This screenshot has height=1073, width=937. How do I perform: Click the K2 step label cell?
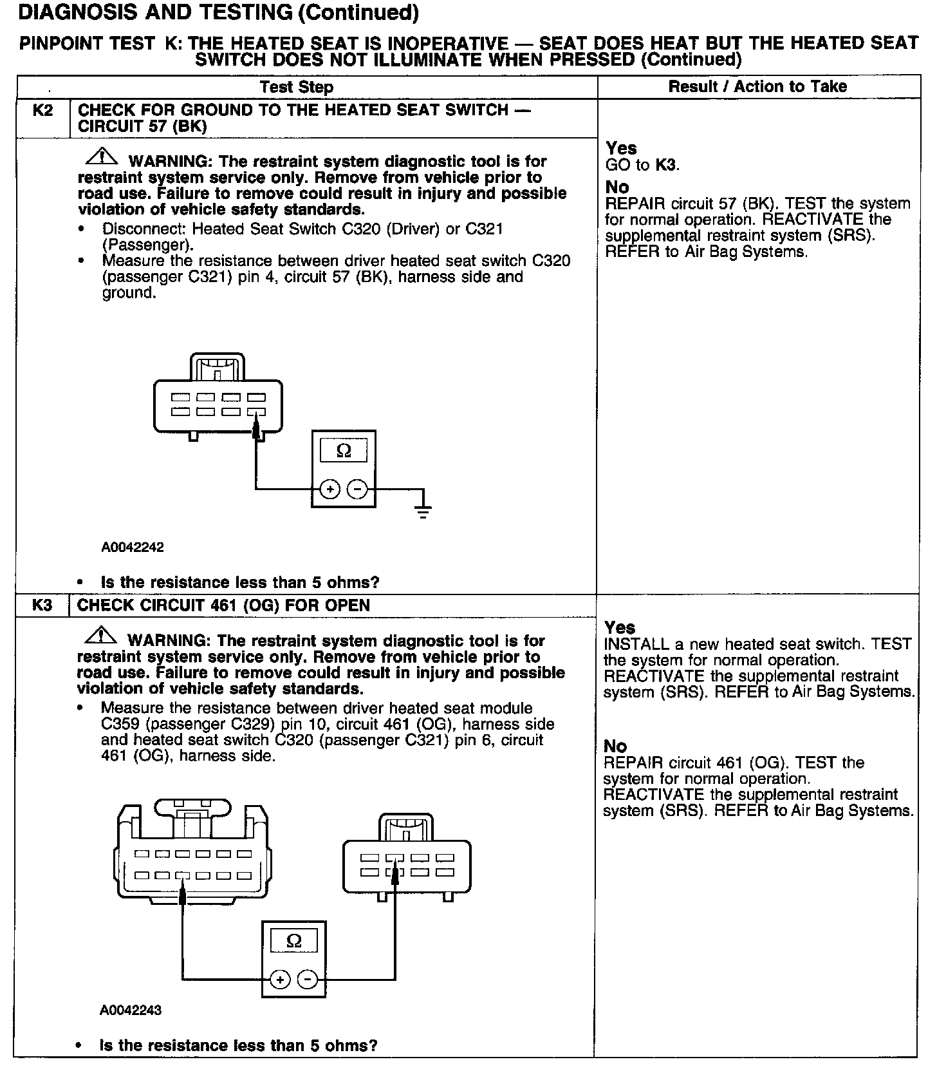point(42,110)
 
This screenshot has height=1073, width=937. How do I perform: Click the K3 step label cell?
point(42,605)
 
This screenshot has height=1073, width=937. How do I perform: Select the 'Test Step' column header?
point(297,88)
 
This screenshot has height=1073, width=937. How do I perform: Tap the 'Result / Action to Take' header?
point(757,87)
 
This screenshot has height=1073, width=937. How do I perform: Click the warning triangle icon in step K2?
point(100,157)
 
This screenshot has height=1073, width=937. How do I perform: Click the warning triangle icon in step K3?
point(100,637)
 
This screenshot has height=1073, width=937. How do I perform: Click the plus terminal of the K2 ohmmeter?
point(330,489)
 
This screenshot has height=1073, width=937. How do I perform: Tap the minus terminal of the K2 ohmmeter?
point(357,489)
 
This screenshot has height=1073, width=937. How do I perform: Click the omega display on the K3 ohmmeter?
point(293,942)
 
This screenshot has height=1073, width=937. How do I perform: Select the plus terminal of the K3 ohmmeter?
point(280,980)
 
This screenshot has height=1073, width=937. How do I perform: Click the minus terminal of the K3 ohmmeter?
point(308,980)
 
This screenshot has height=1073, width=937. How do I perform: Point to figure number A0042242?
point(133,547)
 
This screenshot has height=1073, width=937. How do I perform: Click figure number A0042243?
point(131,1010)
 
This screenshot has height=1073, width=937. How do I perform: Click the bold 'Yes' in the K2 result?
point(621,149)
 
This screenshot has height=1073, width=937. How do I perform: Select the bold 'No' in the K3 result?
point(615,746)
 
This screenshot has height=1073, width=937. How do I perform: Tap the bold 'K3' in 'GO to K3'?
point(665,166)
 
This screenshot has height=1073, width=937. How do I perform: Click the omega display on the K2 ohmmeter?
point(344,451)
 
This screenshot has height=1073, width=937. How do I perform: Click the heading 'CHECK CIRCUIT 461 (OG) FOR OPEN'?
point(223,605)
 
